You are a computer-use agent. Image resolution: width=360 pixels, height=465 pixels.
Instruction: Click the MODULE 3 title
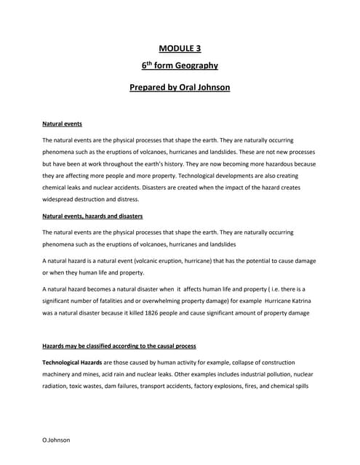click(x=180, y=49)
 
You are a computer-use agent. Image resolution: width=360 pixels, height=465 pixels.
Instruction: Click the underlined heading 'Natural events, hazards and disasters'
click(x=92, y=217)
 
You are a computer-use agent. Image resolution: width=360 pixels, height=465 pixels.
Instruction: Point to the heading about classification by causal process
click(x=119, y=346)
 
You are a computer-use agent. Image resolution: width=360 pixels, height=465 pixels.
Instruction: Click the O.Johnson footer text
click(x=57, y=440)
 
